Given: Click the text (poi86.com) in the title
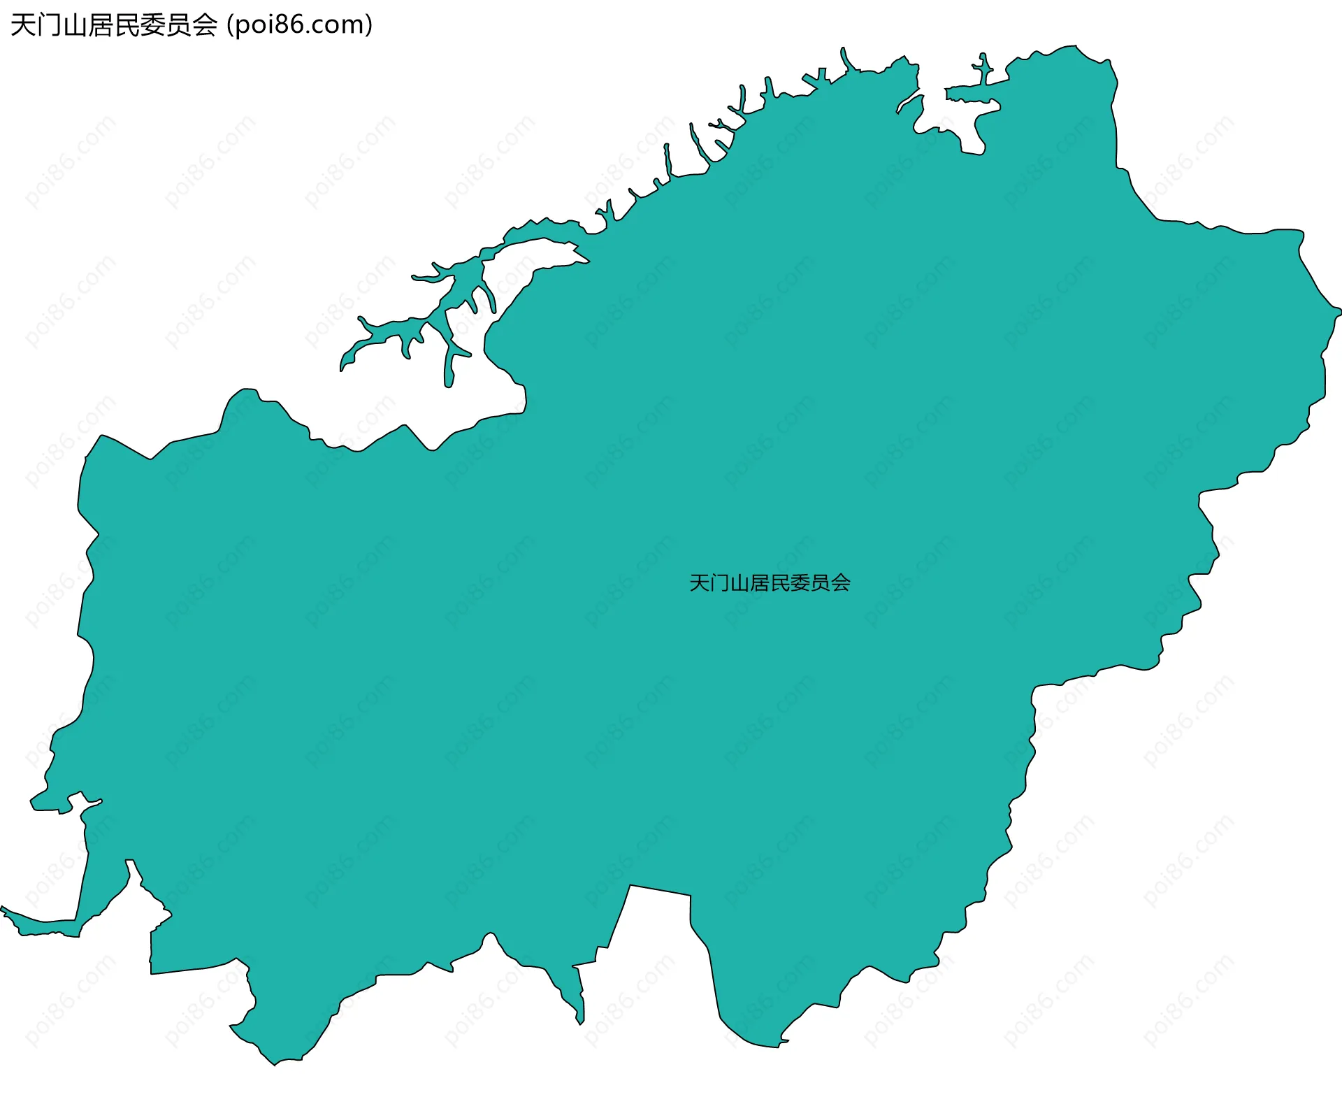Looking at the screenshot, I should click(x=300, y=25).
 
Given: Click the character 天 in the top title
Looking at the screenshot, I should click(x=23, y=26).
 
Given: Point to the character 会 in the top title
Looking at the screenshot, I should click(x=205, y=26).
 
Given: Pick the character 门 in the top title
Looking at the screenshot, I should click(x=49, y=26).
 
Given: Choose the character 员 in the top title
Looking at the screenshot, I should click(x=179, y=26).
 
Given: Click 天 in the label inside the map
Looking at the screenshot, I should click(x=700, y=583).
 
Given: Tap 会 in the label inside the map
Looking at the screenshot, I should click(x=841, y=583).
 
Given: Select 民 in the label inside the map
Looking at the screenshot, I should click(x=780, y=583).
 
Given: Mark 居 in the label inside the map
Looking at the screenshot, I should click(x=760, y=583).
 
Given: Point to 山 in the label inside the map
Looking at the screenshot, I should click(x=740, y=583).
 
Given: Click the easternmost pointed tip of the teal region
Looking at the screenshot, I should click(x=1339, y=308).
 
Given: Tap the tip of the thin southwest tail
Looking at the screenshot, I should click(x=3, y=908).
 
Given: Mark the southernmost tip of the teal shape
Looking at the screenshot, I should click(x=275, y=1065).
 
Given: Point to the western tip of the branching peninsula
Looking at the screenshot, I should click(x=342, y=368).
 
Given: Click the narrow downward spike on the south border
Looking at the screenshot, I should click(x=579, y=1022).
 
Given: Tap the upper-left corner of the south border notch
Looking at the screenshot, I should click(x=630, y=886).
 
